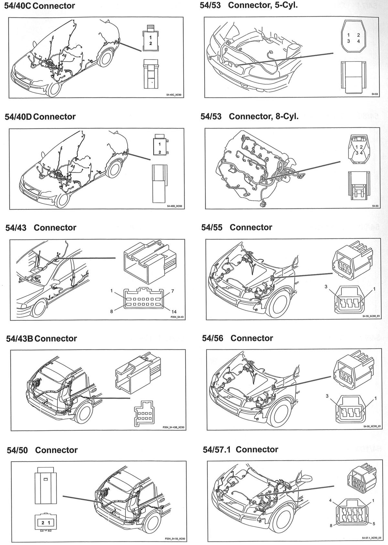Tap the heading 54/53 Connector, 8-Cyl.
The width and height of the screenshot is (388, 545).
coord(249,116)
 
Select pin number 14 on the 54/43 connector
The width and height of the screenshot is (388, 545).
coord(174,312)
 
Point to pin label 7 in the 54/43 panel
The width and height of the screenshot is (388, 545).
coord(173,291)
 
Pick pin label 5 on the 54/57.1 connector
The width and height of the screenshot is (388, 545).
coord(374,524)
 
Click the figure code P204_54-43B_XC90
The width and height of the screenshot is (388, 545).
coord(173,427)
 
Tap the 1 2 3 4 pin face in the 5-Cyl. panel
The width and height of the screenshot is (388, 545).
coord(354,38)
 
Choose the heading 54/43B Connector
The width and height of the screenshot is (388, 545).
coord(41,338)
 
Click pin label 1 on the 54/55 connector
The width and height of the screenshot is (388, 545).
coord(374,289)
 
